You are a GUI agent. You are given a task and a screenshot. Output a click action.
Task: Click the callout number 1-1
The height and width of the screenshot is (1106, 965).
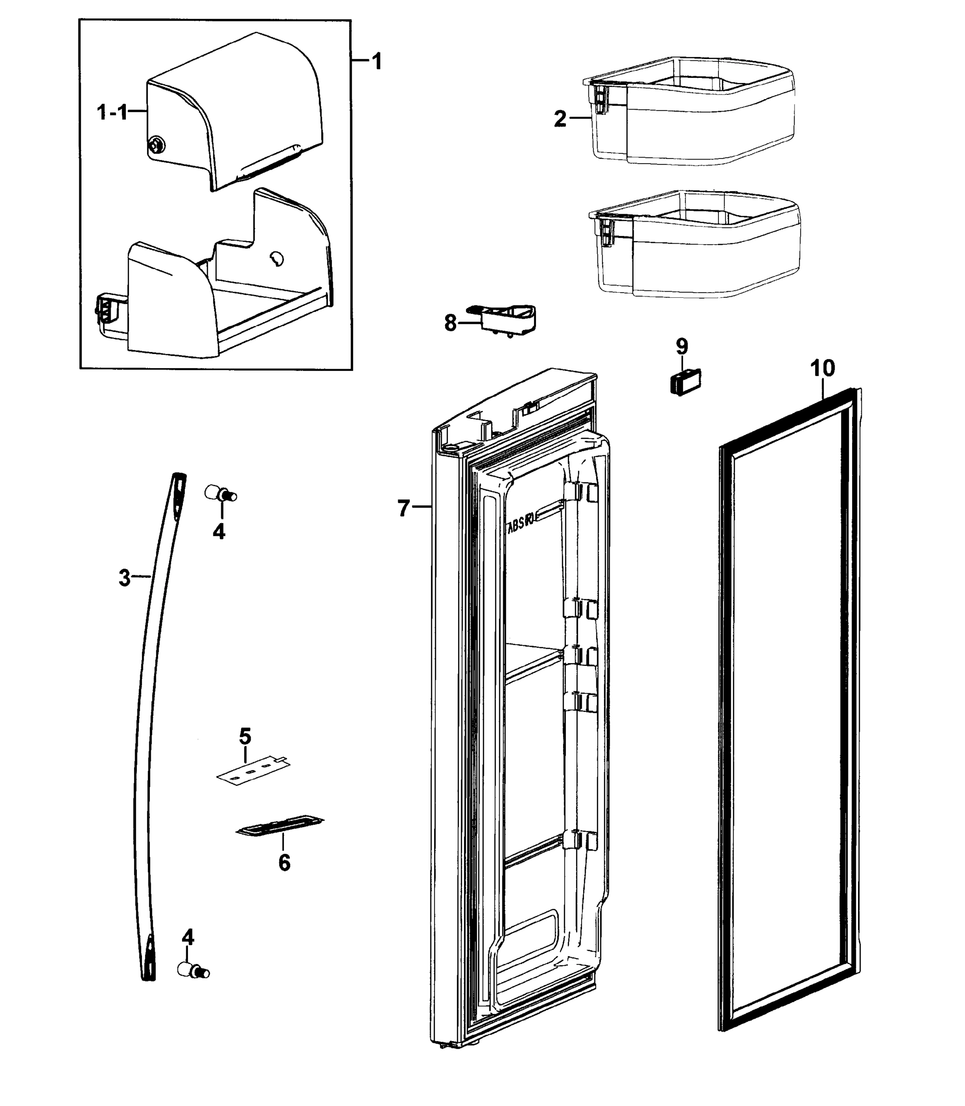[x=112, y=112]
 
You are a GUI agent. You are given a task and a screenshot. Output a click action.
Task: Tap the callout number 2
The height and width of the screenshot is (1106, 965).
[x=560, y=118]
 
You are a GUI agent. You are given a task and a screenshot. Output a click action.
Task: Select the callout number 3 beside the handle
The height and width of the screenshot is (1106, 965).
[x=124, y=578]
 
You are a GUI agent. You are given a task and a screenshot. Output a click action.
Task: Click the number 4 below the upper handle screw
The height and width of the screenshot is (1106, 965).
[x=218, y=531]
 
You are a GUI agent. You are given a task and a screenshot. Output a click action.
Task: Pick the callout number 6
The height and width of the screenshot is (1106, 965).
[x=284, y=863]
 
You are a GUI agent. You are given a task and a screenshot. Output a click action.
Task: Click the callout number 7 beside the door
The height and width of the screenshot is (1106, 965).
[x=404, y=508]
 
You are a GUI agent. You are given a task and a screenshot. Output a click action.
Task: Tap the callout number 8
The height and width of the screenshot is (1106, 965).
[x=451, y=323]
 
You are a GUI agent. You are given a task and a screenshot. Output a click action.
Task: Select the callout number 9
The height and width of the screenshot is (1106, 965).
[x=682, y=346]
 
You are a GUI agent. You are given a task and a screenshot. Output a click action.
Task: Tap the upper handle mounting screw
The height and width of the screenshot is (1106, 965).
[x=220, y=493]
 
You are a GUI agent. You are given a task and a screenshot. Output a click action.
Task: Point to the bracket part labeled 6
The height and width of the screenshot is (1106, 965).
[x=280, y=825]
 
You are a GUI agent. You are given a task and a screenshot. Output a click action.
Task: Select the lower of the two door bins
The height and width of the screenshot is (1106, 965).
[x=694, y=245]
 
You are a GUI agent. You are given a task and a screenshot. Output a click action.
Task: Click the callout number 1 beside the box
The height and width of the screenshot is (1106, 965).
[x=377, y=61]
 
